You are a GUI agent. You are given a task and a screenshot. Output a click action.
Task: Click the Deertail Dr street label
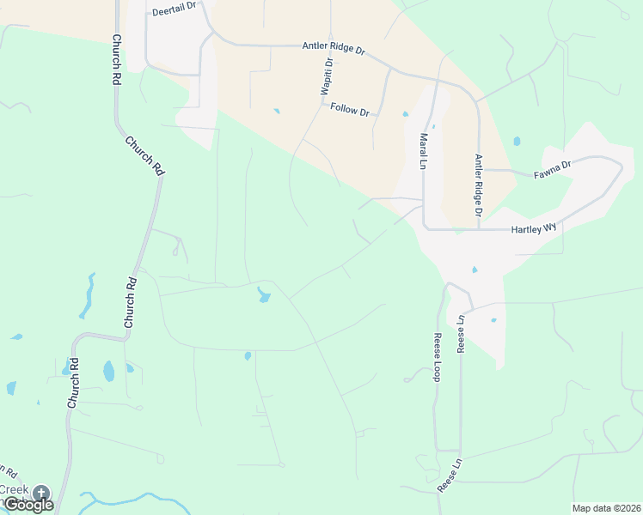175,9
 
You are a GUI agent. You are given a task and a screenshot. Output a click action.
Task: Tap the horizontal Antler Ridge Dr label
334,49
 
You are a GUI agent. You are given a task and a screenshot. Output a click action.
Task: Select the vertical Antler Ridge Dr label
480,185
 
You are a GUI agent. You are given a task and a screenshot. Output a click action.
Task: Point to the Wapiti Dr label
328,77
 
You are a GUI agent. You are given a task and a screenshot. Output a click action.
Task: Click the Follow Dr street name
350,109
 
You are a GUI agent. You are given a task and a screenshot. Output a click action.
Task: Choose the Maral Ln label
424,151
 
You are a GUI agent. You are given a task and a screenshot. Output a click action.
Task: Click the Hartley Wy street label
535,230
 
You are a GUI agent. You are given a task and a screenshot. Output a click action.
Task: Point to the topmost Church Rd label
115,59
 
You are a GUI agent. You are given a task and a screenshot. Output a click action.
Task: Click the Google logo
28,505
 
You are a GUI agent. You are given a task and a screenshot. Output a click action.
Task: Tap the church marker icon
41,493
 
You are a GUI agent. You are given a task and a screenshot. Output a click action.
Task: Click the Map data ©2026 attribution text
606,508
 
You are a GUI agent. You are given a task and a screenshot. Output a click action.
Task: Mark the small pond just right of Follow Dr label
405,113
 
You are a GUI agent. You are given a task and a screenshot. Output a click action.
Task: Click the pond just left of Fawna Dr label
516,141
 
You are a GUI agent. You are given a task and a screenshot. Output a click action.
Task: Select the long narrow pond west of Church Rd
87,296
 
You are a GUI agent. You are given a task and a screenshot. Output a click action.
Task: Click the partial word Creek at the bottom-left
14,489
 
